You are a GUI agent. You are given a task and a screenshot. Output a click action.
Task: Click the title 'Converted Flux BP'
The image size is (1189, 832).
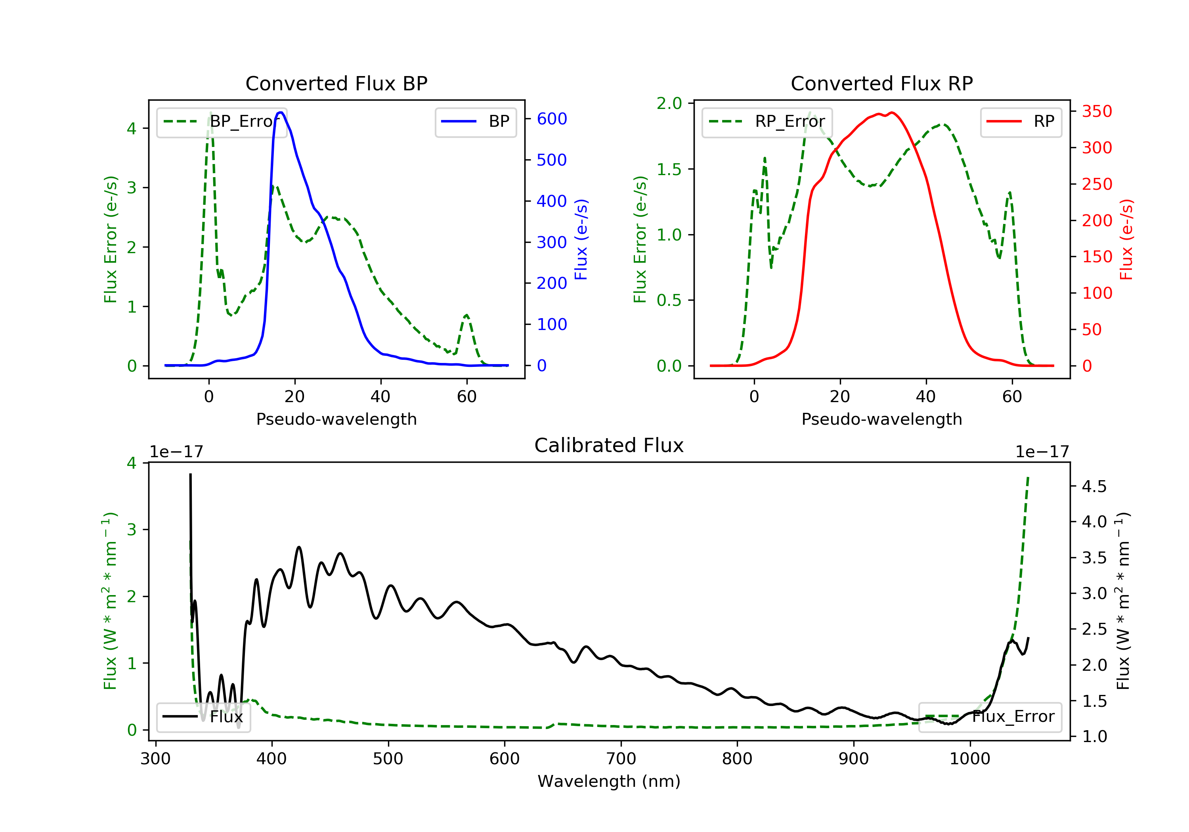[x=336, y=83]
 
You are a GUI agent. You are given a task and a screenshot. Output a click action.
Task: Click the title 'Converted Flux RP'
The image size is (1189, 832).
[x=882, y=83]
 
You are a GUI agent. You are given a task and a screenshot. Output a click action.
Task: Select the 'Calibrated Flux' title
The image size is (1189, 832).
[x=609, y=445]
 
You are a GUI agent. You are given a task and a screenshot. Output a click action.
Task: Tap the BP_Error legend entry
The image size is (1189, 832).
[x=222, y=122]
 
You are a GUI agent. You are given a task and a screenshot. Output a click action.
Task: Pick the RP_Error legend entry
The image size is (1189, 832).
[x=767, y=122]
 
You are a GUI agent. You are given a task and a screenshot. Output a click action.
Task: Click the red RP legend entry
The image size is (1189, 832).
[x=1021, y=122]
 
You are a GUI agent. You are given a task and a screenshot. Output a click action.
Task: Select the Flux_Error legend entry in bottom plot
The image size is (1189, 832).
[x=990, y=717]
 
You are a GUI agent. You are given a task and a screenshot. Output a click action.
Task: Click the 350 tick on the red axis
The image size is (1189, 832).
[x=1097, y=111]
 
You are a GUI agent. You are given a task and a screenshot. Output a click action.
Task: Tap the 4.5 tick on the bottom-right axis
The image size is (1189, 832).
[x=1094, y=486]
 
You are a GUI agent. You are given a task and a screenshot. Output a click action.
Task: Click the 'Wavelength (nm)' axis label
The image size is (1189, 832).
[x=609, y=781]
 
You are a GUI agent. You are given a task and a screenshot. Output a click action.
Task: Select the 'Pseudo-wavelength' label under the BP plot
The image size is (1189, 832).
[x=336, y=419]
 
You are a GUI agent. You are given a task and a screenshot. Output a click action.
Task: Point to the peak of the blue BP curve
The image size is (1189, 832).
[x=280, y=113]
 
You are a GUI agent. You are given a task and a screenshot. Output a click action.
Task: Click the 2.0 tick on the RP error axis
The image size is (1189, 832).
[x=669, y=103]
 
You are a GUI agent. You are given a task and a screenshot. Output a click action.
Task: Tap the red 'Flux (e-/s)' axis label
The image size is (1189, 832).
[x=1126, y=239]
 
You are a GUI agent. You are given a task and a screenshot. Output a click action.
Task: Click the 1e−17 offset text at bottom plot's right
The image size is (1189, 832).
[x=1042, y=452]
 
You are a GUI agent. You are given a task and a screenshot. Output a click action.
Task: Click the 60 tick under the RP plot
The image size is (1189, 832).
[x=1012, y=397]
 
